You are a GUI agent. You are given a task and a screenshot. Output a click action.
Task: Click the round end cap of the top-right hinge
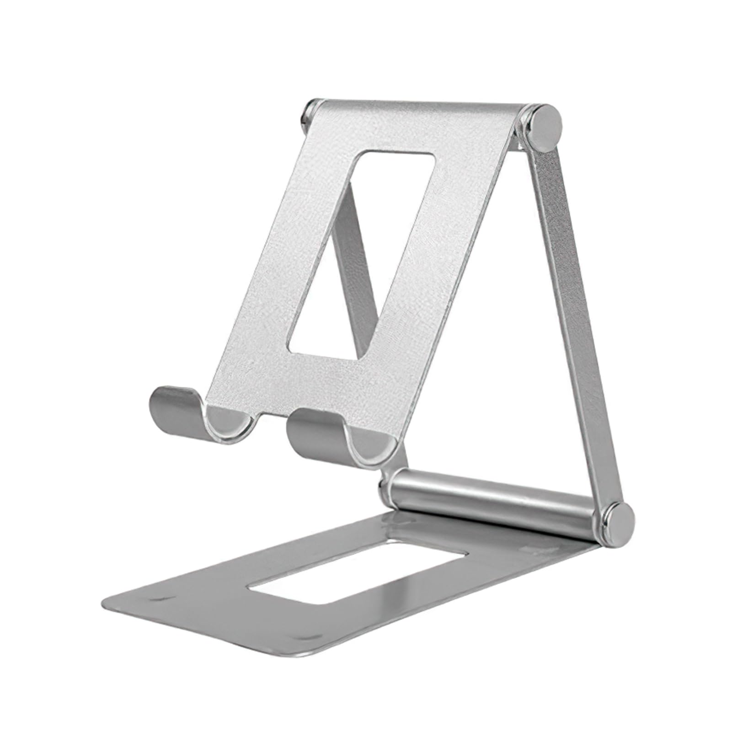coord(546,128)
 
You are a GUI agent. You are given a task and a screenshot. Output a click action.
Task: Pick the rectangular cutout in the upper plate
coord(361,256)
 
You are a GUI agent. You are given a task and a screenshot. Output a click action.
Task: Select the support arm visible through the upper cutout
coord(356,256)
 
